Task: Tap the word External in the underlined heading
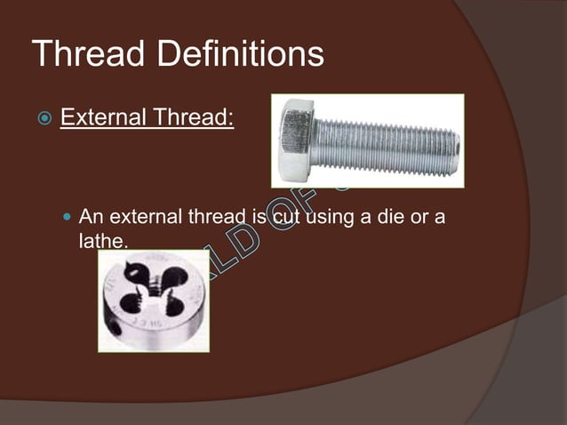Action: click(x=102, y=117)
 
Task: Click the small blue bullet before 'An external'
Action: click(x=68, y=217)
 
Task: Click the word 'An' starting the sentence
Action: click(x=91, y=216)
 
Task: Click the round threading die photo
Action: click(x=153, y=301)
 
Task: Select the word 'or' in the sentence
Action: click(x=414, y=216)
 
